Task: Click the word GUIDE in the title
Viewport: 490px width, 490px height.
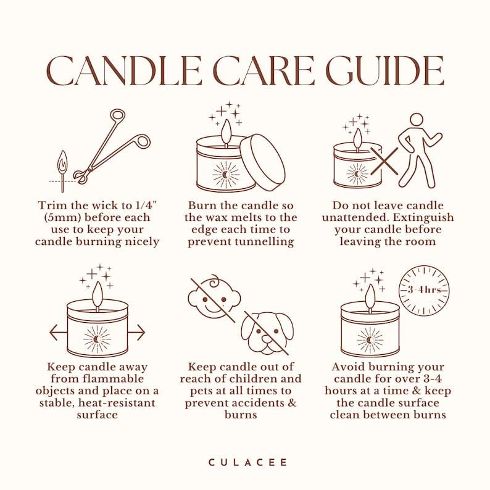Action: point(384,70)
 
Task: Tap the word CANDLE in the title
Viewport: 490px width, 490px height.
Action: point(125,70)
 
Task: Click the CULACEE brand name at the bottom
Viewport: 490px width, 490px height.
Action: point(247,462)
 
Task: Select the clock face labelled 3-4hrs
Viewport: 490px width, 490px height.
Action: point(425,290)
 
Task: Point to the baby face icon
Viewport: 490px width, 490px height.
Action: point(214,298)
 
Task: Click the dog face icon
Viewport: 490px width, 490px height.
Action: point(267,334)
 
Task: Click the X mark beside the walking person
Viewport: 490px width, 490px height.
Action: point(384,161)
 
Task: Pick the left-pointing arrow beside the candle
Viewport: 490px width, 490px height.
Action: point(58,332)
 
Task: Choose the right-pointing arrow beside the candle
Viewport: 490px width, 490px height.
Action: point(137,332)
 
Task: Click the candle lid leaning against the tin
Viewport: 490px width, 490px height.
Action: point(263,162)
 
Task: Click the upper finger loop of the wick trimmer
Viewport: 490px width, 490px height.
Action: point(118,115)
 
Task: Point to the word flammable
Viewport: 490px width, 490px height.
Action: point(113,379)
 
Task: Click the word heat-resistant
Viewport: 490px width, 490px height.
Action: point(117,403)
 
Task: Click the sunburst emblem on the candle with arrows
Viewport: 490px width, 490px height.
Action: point(98,339)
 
